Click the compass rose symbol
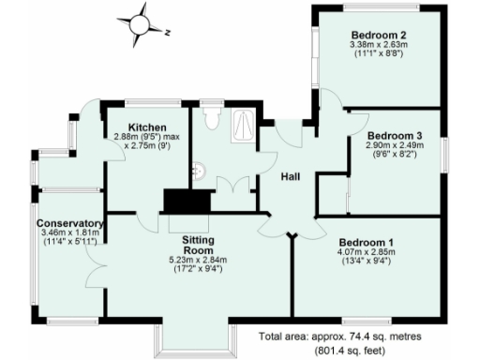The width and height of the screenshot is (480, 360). coord(140,21)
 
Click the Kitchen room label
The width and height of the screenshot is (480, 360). coord(147,127)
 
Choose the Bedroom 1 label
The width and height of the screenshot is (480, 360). coord(366,244)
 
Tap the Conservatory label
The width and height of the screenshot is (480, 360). coord(69,224)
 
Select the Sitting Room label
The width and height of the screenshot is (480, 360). coord(198,246)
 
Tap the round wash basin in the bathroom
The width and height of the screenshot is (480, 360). coord(199,171)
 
